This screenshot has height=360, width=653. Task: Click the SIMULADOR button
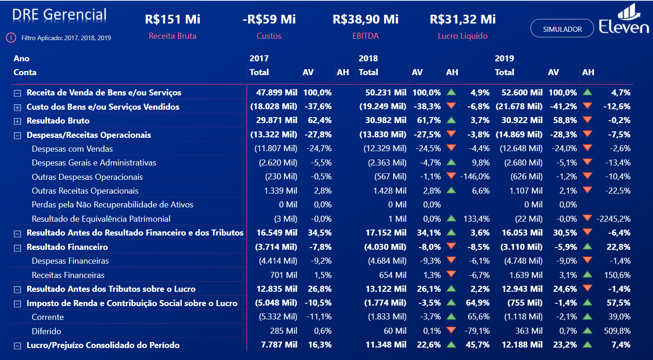click(562, 29)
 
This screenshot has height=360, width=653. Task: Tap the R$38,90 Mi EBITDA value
click(365, 19)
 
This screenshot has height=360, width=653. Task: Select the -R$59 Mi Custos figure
click(269, 19)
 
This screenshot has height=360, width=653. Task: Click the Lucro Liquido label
click(463, 36)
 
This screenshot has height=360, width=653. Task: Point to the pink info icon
click(11, 37)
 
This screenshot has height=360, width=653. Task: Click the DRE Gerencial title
click(59, 15)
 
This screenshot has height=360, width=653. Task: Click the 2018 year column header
click(368, 59)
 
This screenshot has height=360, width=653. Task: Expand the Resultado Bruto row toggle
click(18, 121)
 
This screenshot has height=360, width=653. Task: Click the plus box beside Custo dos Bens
click(18, 107)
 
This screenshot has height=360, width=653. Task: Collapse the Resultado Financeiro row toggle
click(18, 248)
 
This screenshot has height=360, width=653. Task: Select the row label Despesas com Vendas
click(72, 149)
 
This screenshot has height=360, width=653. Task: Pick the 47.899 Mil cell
click(277, 93)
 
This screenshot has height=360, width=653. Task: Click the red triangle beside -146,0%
click(451, 176)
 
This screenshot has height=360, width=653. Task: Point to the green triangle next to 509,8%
click(587, 330)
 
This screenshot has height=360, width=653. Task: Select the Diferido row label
click(46, 331)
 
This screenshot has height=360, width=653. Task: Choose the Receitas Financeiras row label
click(68, 275)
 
